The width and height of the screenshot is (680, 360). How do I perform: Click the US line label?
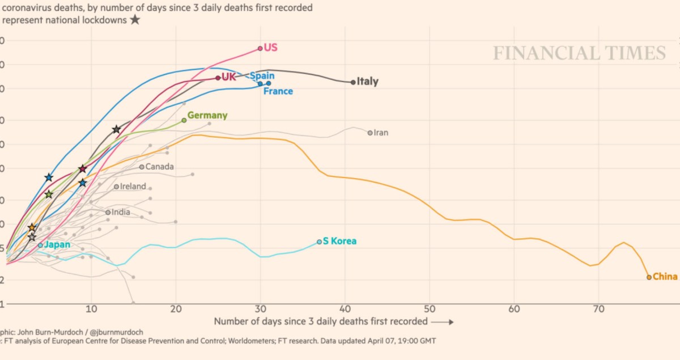tap(270, 48)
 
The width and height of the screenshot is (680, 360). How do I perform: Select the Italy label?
tap(368, 82)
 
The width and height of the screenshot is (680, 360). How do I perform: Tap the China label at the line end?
tap(665, 277)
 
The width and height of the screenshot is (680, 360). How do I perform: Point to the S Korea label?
tap(339, 241)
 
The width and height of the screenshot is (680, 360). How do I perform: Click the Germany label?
tap(207, 115)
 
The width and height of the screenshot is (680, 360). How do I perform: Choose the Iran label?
tap(381, 133)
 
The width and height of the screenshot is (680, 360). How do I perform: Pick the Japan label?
tap(57, 244)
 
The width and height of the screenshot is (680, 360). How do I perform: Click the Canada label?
tap(159, 167)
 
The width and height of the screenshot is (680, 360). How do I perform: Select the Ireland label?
tap(133, 186)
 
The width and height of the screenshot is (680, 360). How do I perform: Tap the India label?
tap(121, 212)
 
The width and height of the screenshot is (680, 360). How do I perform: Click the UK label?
tap(228, 77)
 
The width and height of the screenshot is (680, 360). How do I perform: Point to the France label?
tap(278, 91)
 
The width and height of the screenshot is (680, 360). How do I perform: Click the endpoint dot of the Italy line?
tap(353, 82)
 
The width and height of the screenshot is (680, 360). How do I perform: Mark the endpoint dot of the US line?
tap(260, 48)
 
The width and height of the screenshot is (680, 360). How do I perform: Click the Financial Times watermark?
tap(579, 53)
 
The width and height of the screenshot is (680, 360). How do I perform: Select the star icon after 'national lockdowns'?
tap(135, 20)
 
